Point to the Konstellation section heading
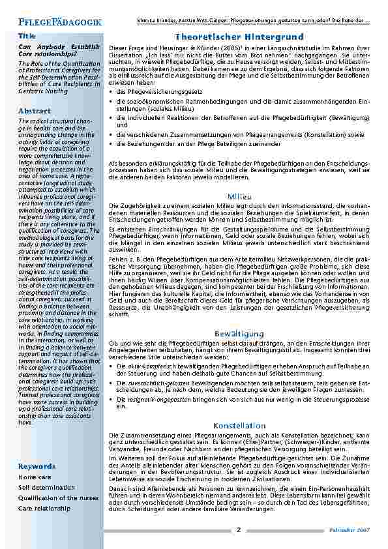(239, 425)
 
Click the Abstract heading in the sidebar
(35, 111)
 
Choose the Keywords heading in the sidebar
(37, 467)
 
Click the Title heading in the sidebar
(27, 36)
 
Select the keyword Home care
(35, 477)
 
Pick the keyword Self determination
(46, 487)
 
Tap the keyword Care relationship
(44, 507)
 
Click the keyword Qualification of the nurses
(58, 497)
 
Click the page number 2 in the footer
(239, 530)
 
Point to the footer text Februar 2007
(353, 531)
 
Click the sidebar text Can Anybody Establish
(58, 47)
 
